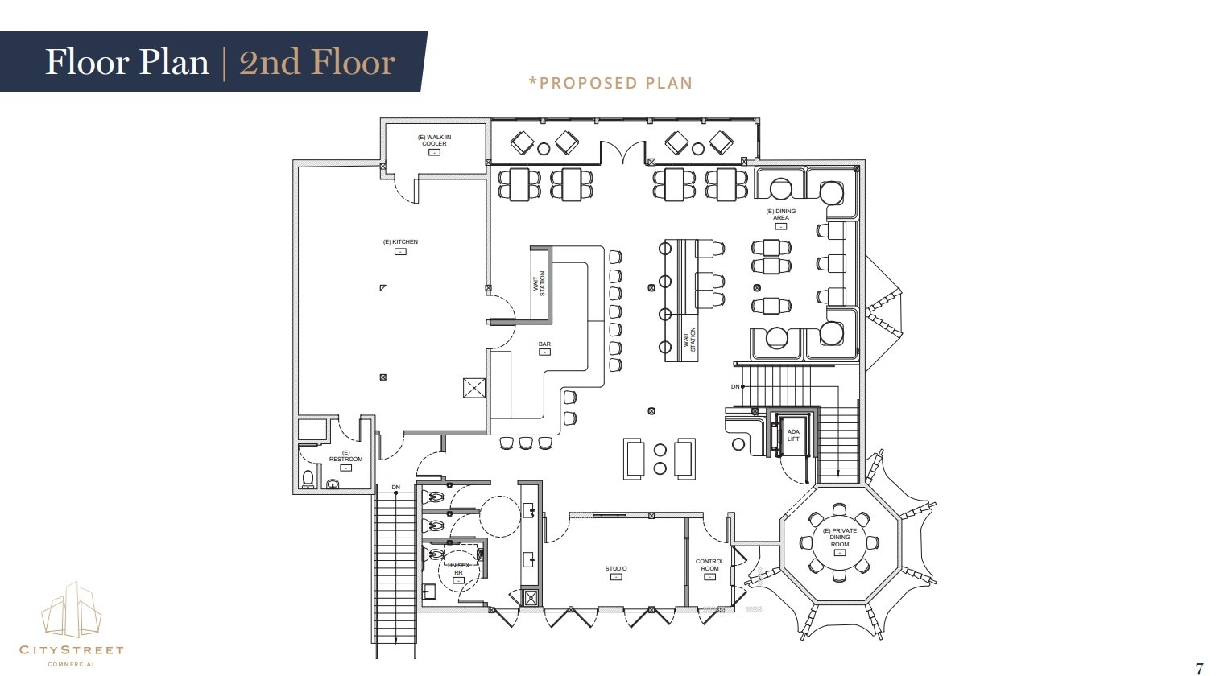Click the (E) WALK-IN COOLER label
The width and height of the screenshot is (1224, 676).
click(x=434, y=141)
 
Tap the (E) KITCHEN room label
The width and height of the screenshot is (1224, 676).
click(x=400, y=242)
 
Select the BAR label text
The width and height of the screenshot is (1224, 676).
click(x=544, y=344)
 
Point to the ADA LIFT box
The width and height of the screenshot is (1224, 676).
click(x=793, y=435)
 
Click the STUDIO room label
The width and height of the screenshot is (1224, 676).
click(x=616, y=569)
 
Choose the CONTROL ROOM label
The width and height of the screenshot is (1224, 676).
click(x=709, y=565)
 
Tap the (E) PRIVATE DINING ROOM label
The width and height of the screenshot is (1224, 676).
click(x=839, y=538)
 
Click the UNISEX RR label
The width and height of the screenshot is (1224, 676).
click(x=458, y=569)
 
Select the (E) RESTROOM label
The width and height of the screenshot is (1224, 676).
click(x=345, y=456)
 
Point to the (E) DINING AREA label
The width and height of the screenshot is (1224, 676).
click(x=780, y=214)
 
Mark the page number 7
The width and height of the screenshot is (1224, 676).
click(x=1199, y=667)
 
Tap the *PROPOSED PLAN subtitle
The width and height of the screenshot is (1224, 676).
click(x=610, y=83)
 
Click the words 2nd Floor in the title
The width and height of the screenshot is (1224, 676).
click(x=317, y=62)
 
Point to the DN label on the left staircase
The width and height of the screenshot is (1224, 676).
click(x=395, y=488)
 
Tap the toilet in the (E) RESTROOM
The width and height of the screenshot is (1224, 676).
click(x=308, y=480)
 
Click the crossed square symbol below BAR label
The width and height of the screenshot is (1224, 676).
click(x=473, y=388)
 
